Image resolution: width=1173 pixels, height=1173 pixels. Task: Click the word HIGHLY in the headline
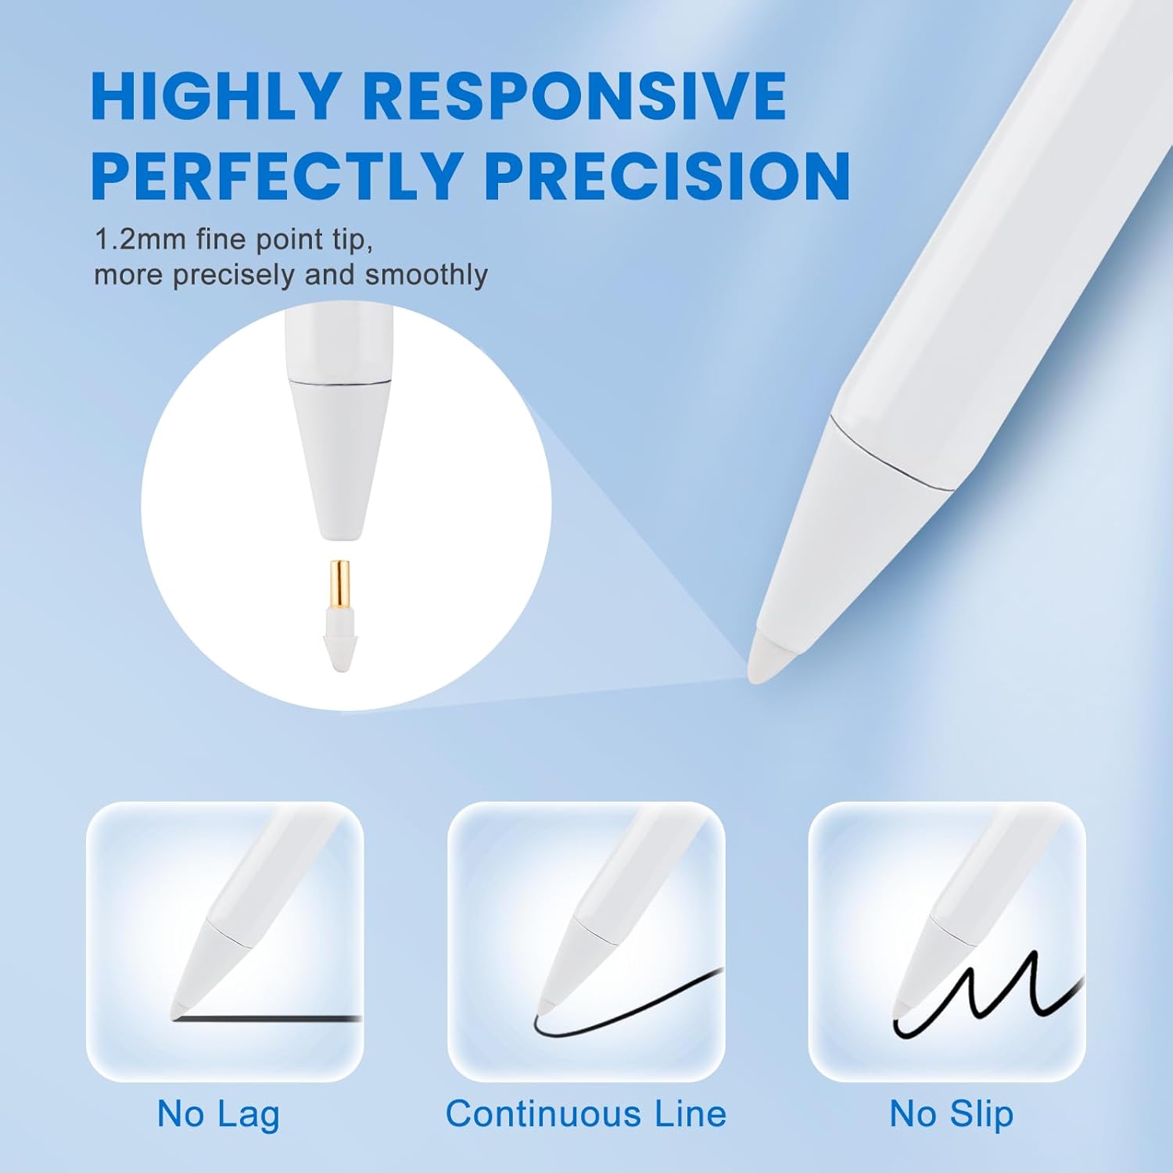[216, 96]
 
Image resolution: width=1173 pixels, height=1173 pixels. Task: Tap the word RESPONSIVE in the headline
[574, 96]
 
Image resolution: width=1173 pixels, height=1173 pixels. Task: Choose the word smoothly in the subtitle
[426, 275]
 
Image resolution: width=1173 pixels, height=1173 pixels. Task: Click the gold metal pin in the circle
[339, 586]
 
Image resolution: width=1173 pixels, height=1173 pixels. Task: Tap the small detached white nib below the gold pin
[339, 645]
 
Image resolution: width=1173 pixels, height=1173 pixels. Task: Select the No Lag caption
[218, 1114]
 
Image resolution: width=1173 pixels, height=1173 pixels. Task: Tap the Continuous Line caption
[586, 1114]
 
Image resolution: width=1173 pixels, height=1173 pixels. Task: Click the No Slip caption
[951, 1114]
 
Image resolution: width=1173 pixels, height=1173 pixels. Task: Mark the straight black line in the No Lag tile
[274, 1018]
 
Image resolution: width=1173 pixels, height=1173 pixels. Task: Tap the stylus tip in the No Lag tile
[180, 1009]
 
